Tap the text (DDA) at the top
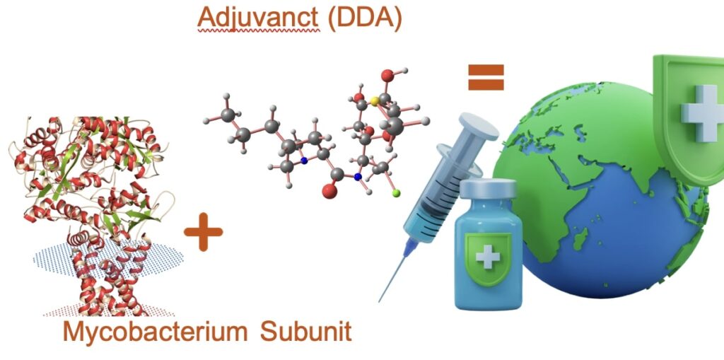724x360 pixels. (365, 17)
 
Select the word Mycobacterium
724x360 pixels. (156, 332)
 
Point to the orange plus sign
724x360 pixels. (203, 236)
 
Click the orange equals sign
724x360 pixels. (486, 77)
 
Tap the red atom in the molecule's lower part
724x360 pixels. (329, 190)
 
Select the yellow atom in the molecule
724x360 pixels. (375, 101)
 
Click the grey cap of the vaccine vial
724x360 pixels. (488, 188)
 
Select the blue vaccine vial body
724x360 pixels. (488, 276)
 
